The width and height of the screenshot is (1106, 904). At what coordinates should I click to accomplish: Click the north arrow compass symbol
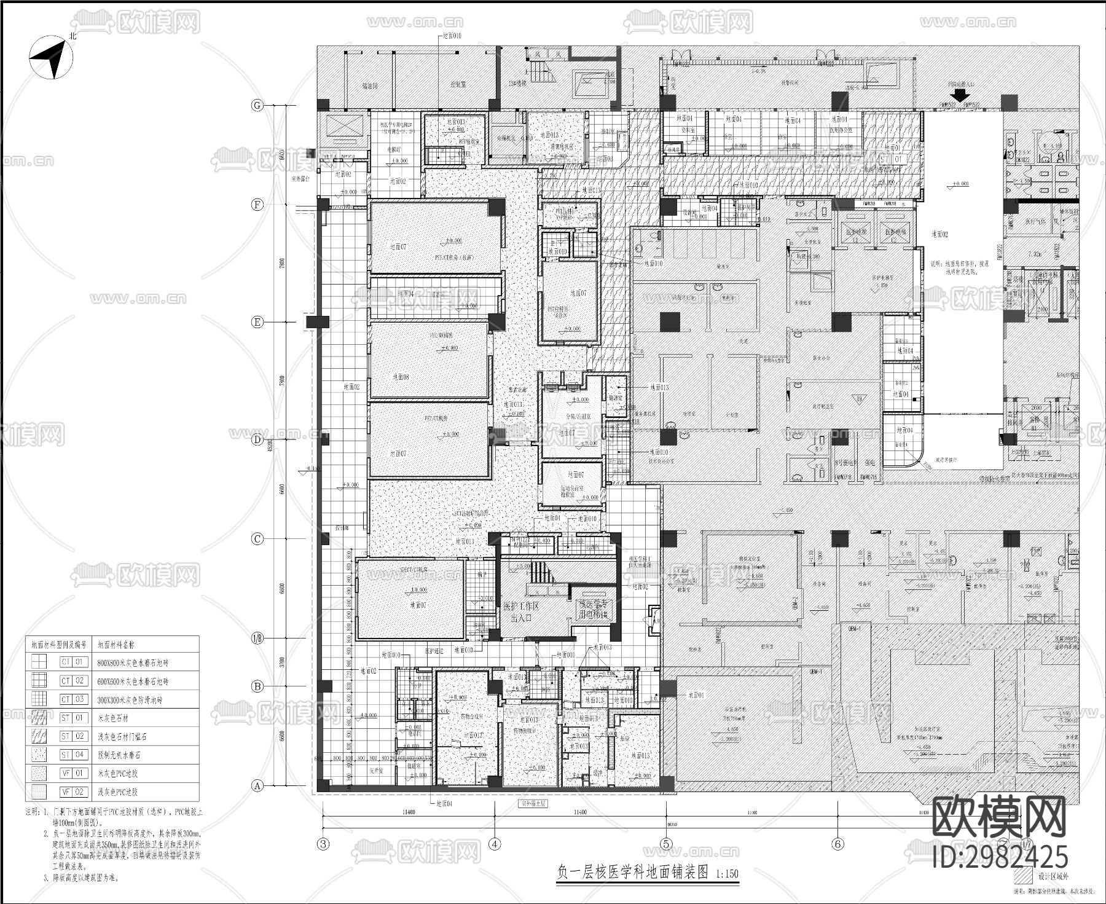tap(51, 58)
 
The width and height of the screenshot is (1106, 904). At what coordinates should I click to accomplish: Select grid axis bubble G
tap(257, 106)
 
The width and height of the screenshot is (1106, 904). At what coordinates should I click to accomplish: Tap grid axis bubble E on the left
tap(257, 322)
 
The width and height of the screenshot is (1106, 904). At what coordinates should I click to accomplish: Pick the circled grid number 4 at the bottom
tap(495, 844)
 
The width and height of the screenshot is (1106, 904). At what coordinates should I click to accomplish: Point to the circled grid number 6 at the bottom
tap(837, 844)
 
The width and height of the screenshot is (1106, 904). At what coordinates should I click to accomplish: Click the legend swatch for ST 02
tap(39, 736)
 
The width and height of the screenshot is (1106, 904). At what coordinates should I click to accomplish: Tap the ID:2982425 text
tap(1000, 857)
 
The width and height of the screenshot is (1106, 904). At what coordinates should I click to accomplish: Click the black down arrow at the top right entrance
tap(959, 95)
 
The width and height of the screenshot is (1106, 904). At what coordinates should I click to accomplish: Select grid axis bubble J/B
tap(257, 639)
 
